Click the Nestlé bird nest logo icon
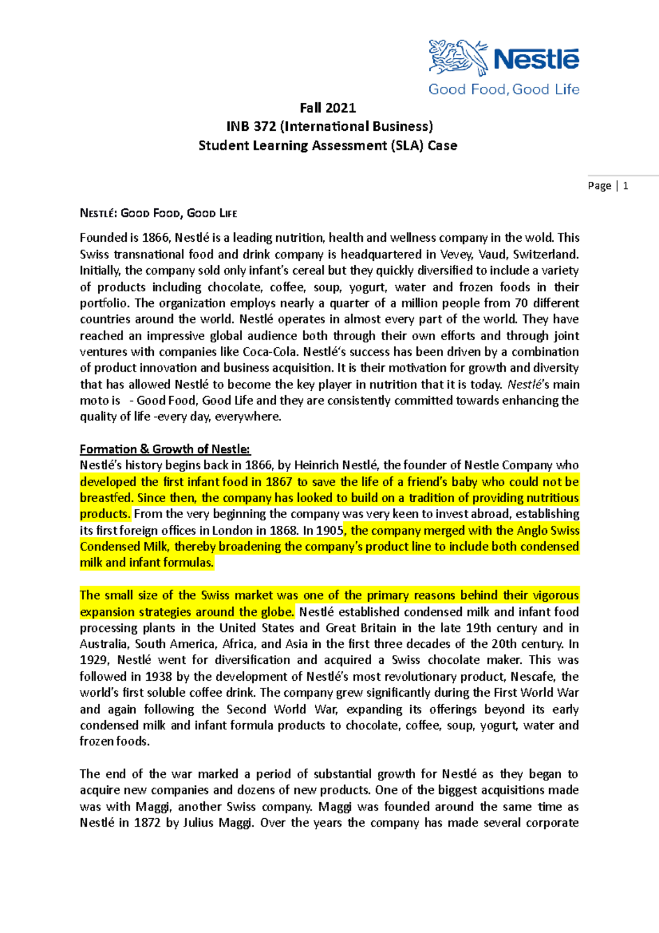(x=457, y=57)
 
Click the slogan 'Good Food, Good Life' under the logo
(x=504, y=90)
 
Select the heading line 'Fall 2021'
(x=328, y=108)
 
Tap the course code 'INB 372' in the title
(x=251, y=126)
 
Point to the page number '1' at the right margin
(x=626, y=186)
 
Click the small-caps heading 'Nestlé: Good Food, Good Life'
(x=158, y=213)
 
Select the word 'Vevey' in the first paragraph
(x=457, y=254)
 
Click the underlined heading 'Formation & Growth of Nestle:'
(x=165, y=449)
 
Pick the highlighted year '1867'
(x=279, y=482)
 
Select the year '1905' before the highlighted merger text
(x=330, y=531)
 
